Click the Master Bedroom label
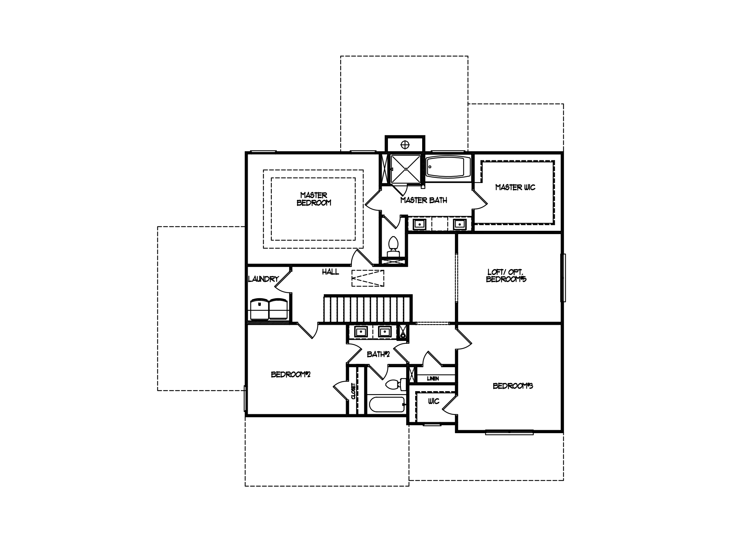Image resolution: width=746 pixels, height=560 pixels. [314, 199]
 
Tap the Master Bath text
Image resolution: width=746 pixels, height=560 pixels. [424, 200]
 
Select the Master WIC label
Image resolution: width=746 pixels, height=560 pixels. [515, 187]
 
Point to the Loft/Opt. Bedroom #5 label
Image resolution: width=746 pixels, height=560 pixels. [506, 276]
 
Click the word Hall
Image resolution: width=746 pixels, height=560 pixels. [330, 272]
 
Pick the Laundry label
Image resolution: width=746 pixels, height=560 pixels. [263, 279]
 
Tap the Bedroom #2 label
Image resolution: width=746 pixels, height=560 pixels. [290, 374]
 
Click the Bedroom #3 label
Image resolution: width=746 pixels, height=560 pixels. [513, 386]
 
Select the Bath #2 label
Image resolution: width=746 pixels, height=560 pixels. [378, 354]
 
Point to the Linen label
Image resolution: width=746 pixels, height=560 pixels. [433, 378]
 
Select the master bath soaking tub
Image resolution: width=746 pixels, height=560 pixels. [448, 167]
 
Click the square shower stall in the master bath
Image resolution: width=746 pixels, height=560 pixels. [405, 169]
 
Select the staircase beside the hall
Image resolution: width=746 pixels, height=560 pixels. [368, 308]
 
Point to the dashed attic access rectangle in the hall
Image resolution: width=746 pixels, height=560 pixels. [368, 278]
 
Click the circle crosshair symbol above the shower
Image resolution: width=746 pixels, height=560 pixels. [405, 144]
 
